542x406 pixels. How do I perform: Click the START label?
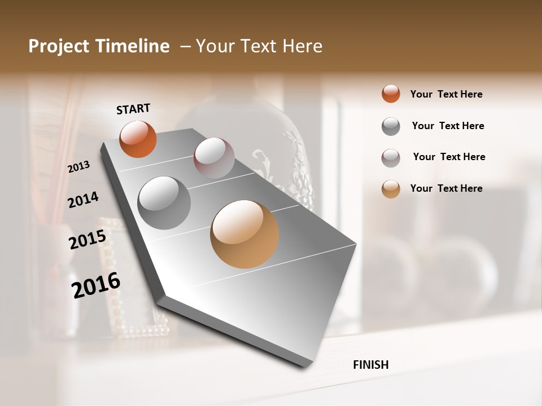click(x=133, y=109)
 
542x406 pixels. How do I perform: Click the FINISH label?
click(x=370, y=365)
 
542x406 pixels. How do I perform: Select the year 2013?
click(x=78, y=167)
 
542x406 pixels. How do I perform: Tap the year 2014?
click(x=83, y=200)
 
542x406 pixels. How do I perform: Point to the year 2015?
click(x=88, y=239)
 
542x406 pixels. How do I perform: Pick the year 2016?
click(x=96, y=285)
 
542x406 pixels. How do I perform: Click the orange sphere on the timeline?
click(x=138, y=139)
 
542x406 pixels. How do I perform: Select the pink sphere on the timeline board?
click(x=214, y=158)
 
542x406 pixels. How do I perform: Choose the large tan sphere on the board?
click(x=244, y=234)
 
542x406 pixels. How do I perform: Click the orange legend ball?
click(x=391, y=94)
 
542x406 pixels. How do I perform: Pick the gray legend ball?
click(x=391, y=126)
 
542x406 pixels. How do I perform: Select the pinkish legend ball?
click(x=391, y=158)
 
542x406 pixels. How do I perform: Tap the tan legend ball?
click(x=391, y=189)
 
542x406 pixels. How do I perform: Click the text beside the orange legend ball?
click(x=446, y=94)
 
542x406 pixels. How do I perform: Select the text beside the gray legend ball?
click(x=448, y=126)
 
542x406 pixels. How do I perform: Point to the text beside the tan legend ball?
click(x=446, y=188)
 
